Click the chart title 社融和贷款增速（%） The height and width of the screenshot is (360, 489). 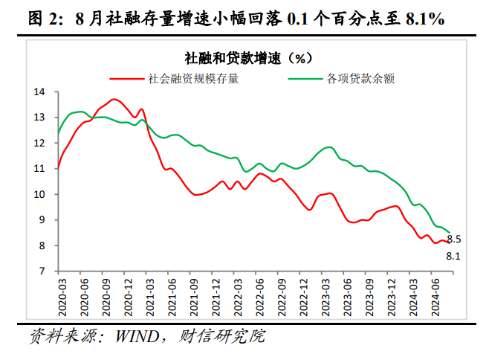(244, 57)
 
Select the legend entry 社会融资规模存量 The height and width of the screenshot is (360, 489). (193, 77)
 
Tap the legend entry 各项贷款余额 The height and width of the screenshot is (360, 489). (360, 77)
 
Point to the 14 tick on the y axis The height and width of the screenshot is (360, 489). (40, 92)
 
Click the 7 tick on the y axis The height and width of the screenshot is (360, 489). (43, 271)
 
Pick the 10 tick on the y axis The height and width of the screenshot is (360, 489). (40, 195)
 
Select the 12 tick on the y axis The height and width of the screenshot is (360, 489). (40, 144)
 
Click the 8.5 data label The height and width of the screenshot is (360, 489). (454, 239)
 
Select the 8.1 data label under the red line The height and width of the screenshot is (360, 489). (453, 257)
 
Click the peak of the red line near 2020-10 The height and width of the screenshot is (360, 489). (114, 99)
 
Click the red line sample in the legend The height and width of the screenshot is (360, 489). (128, 77)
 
